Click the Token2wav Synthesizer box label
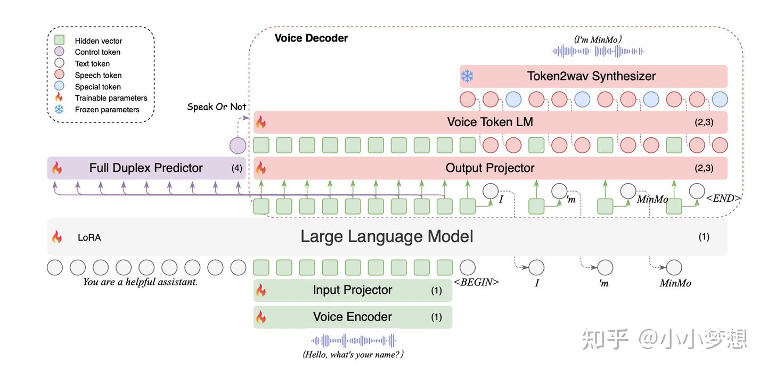(591, 77)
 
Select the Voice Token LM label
(490, 122)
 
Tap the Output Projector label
(490, 168)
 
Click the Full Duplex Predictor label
(146, 168)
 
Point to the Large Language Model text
(387, 236)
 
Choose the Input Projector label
(352, 290)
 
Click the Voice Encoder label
(352, 317)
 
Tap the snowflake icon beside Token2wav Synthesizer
(467, 77)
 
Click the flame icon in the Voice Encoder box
(261, 317)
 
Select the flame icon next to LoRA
(56, 237)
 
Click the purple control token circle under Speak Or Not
(238, 145)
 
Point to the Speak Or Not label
(216, 107)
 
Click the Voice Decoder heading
(311, 38)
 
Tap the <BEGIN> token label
(476, 282)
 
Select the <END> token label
(723, 198)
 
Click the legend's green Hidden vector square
(60, 40)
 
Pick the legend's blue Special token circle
(60, 86)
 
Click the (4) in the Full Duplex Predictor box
(236, 168)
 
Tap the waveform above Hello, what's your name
(353, 341)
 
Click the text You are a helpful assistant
(140, 282)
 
